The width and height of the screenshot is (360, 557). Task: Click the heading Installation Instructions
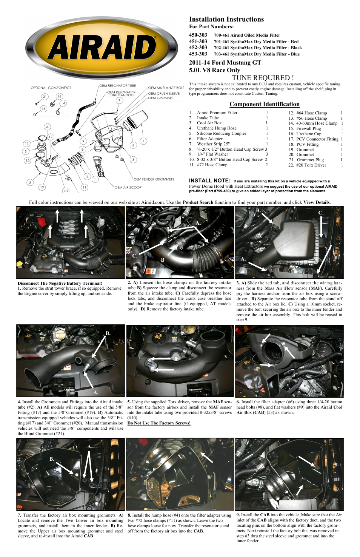[x=226, y=19]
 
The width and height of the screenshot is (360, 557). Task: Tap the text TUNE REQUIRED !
[x=263, y=78]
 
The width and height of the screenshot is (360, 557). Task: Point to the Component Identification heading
[x=264, y=104]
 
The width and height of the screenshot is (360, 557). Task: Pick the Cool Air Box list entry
[x=209, y=123]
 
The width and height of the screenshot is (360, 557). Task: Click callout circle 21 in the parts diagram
[x=45, y=97]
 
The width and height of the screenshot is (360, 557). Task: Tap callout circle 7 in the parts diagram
[x=119, y=100]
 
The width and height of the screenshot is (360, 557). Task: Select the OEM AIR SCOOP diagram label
[x=128, y=187]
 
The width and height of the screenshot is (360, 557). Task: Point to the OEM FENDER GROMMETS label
[x=154, y=179]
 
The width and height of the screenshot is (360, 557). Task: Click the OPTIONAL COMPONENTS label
[x=51, y=88]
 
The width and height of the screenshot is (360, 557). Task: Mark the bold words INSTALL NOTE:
[x=209, y=181]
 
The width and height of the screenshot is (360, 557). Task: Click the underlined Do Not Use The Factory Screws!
[x=159, y=423]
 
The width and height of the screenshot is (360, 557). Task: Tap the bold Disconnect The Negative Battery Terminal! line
[x=60, y=283]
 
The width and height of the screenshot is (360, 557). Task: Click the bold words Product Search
[x=198, y=202]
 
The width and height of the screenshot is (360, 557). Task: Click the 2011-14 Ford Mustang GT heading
[x=225, y=63]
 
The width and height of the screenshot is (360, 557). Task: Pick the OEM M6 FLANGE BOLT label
[x=166, y=88]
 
